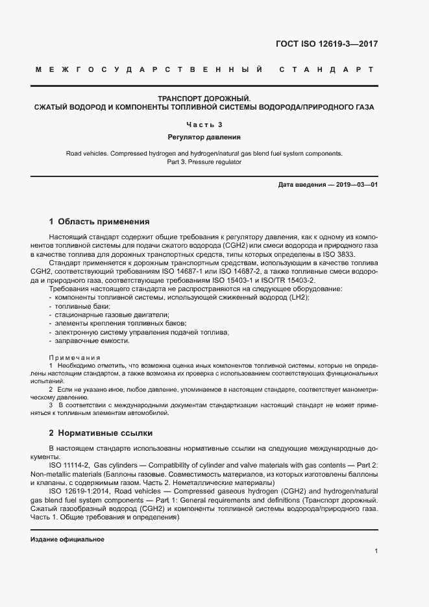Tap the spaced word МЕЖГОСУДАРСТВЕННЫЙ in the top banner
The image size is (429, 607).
pos(149,69)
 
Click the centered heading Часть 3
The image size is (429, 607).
pos(204,125)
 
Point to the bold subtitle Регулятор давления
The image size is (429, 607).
pos(204,137)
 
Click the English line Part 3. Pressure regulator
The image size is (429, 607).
pos(204,162)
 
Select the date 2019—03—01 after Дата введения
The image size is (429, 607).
pos(356,185)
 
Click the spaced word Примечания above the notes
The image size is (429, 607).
pos(75,357)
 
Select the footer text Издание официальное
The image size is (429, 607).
pos(67,540)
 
